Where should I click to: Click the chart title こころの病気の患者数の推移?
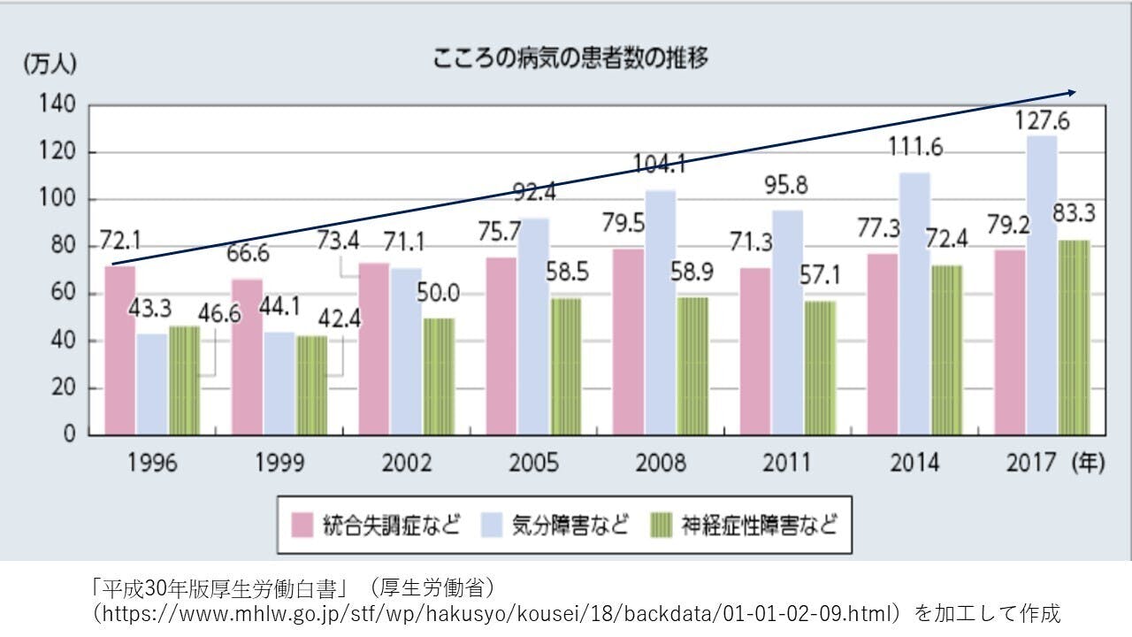(x=570, y=59)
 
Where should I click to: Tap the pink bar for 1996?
(x=120, y=350)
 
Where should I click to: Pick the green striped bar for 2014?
(x=946, y=350)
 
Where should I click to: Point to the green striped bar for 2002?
(x=438, y=376)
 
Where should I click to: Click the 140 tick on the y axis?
(x=57, y=105)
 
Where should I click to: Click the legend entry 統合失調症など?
(x=377, y=526)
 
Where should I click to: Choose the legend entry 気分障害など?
(x=556, y=526)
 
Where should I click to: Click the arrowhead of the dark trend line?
(x=1071, y=92)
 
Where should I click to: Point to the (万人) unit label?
(x=50, y=64)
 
